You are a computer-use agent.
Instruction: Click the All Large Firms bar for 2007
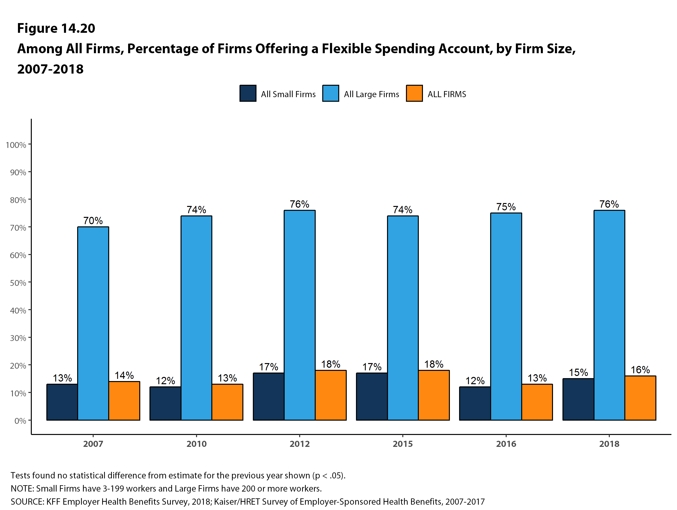click(x=93, y=323)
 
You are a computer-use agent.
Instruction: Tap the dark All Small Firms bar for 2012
click(x=268, y=396)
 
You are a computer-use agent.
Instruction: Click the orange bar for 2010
click(x=227, y=402)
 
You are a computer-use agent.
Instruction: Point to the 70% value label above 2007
click(x=93, y=221)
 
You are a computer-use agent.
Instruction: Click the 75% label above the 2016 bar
click(x=506, y=207)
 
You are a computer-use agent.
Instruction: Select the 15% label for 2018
click(x=578, y=373)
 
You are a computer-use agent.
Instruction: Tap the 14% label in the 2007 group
click(x=124, y=375)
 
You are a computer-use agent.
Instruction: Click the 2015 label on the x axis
click(x=403, y=444)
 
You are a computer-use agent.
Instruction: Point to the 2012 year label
click(x=300, y=444)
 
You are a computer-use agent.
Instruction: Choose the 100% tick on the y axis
click(x=16, y=145)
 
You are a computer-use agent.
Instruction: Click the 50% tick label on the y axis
click(x=18, y=283)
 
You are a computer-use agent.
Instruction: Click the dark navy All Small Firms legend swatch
click(x=248, y=93)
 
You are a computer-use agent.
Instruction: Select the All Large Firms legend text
click(x=371, y=94)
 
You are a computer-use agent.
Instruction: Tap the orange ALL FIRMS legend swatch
click(x=414, y=93)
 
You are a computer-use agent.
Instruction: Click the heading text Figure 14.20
click(x=56, y=28)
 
